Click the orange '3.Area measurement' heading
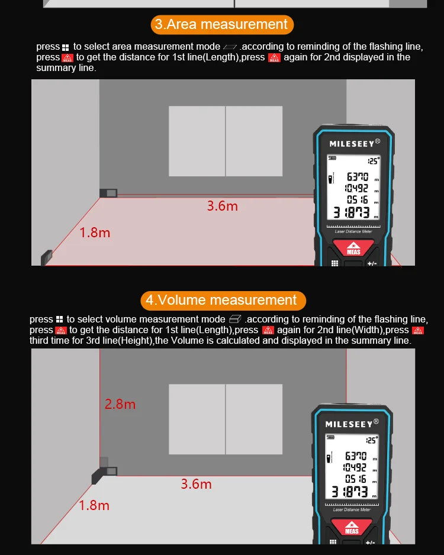coord(221,24)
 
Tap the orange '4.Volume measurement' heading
coord(223,300)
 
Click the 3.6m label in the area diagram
coord(222,206)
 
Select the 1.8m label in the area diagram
coord(95,233)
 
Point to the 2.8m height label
coord(120,404)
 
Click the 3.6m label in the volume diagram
coord(196,484)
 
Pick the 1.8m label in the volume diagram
coord(94,505)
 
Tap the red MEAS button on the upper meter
coord(353,249)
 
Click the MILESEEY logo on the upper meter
coord(352,143)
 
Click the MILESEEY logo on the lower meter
coord(349,424)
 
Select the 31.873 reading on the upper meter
coord(350,213)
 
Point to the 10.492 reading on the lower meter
coord(352,467)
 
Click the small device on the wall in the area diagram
coord(108,192)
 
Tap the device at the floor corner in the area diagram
coord(47,257)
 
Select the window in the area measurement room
coord(226,141)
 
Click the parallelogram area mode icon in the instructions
coord(230,47)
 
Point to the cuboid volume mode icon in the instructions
coord(235,320)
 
